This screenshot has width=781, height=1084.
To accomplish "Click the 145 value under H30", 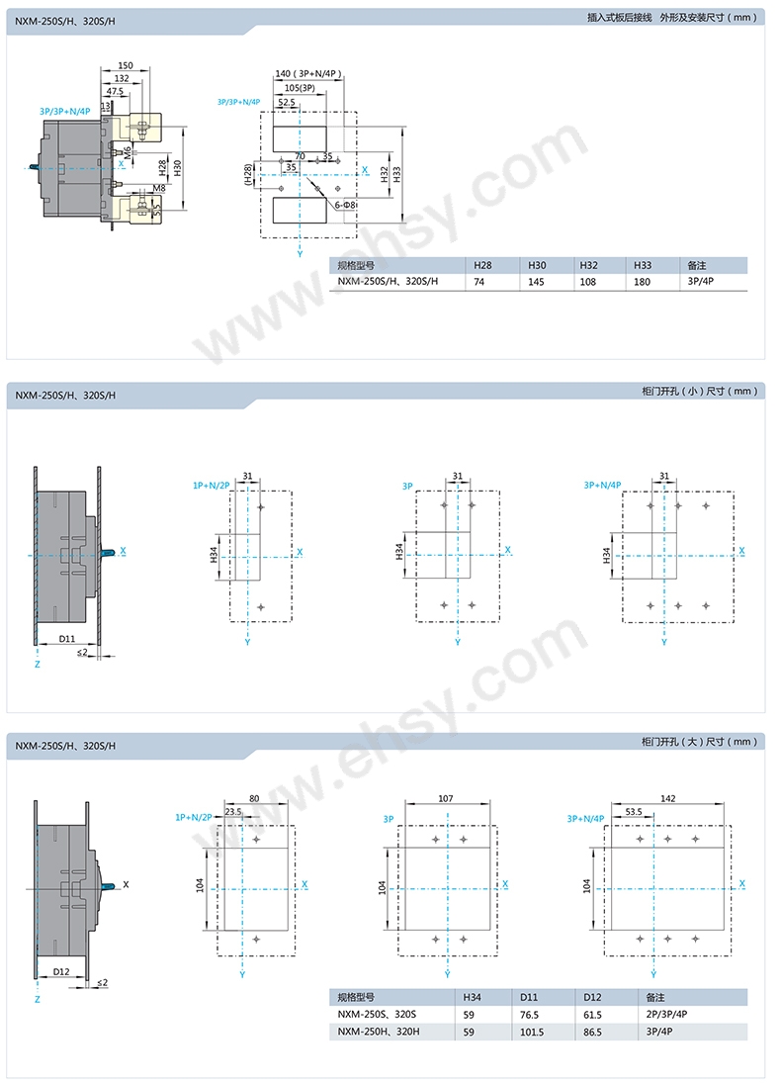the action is point(536,282).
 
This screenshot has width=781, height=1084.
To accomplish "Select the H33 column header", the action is point(642,265).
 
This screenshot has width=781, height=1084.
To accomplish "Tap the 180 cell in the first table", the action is point(642,282).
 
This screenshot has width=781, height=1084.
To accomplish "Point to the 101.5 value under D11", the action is point(532,1032).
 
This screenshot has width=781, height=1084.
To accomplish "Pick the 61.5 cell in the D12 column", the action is point(592,1015).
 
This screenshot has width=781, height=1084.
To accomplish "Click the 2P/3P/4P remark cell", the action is point(666,1014).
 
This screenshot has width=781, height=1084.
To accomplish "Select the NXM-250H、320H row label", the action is point(378,1032).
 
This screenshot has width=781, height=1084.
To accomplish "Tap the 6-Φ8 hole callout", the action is point(345,206).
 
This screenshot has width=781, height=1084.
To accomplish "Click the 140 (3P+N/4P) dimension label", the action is point(308,74).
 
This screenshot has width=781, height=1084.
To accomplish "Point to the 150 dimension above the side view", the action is point(126,65).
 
